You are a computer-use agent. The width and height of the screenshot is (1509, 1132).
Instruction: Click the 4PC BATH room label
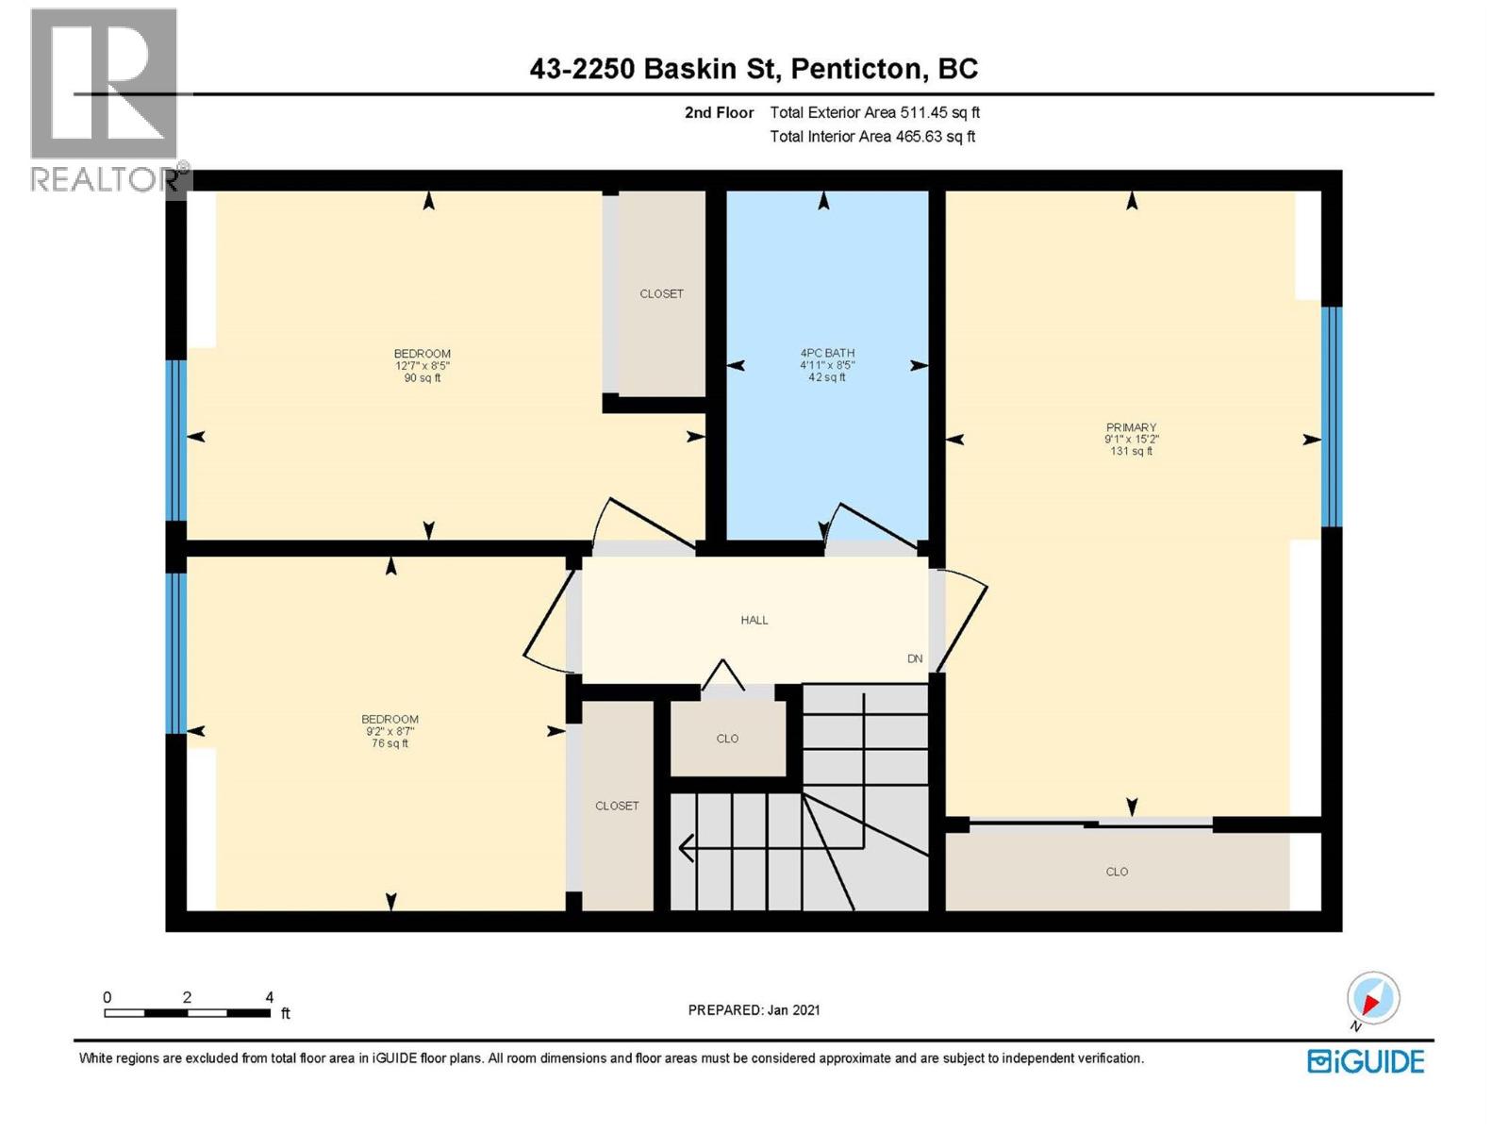(827, 353)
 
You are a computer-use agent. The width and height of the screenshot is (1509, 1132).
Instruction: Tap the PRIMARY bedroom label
(1131, 427)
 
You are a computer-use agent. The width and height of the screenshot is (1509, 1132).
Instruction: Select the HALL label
(754, 620)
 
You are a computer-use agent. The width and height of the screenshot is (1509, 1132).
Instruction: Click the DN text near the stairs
(914, 658)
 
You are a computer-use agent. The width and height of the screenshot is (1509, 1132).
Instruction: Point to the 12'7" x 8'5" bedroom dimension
(422, 366)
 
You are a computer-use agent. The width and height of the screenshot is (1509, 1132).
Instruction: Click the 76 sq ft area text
(390, 743)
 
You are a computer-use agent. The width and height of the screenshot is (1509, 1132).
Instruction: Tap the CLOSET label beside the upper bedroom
(661, 293)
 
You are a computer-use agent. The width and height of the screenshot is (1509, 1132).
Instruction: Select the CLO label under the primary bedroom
(1117, 872)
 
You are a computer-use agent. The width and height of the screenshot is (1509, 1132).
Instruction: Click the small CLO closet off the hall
(727, 739)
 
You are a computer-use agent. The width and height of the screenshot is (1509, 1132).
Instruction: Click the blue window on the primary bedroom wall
(1331, 416)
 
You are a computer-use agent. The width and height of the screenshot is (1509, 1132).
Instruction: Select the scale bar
(188, 1013)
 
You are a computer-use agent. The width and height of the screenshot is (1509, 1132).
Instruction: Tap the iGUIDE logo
(1365, 1061)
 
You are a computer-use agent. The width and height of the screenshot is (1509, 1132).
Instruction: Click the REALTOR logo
(105, 99)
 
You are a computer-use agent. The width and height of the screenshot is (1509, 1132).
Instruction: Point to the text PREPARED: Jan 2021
(754, 1009)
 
